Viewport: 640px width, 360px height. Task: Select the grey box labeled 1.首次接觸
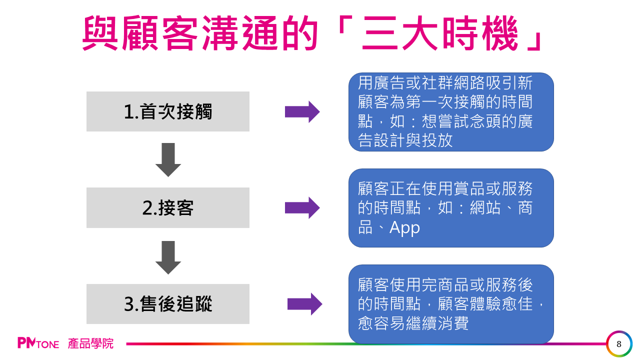pyautogui.click(x=168, y=111)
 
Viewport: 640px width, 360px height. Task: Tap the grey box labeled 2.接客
pyautogui.click(x=168, y=207)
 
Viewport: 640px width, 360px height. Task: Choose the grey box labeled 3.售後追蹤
pyautogui.click(x=168, y=303)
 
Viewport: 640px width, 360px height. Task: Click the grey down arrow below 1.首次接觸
pyautogui.click(x=168, y=159)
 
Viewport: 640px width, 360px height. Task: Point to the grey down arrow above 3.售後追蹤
pyautogui.click(x=168, y=257)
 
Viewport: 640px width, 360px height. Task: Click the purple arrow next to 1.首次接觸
pyautogui.click(x=302, y=111)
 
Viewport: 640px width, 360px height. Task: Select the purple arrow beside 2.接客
pyautogui.click(x=302, y=207)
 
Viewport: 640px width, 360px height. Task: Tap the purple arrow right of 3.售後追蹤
pyautogui.click(x=305, y=304)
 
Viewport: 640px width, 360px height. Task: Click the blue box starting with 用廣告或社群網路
pyautogui.click(x=451, y=112)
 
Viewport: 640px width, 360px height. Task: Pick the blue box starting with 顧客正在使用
pyautogui.click(x=451, y=208)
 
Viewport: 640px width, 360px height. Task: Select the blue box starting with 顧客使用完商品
pyautogui.click(x=451, y=304)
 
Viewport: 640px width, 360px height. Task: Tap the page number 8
pyautogui.click(x=619, y=344)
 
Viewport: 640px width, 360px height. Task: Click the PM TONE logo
pyautogui.click(x=38, y=343)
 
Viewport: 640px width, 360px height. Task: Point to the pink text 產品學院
pyautogui.click(x=90, y=343)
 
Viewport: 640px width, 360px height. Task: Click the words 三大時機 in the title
pyautogui.click(x=440, y=33)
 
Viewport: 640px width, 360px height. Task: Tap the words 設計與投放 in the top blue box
pyautogui.click(x=413, y=140)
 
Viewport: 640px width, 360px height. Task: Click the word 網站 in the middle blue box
pyautogui.click(x=485, y=207)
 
